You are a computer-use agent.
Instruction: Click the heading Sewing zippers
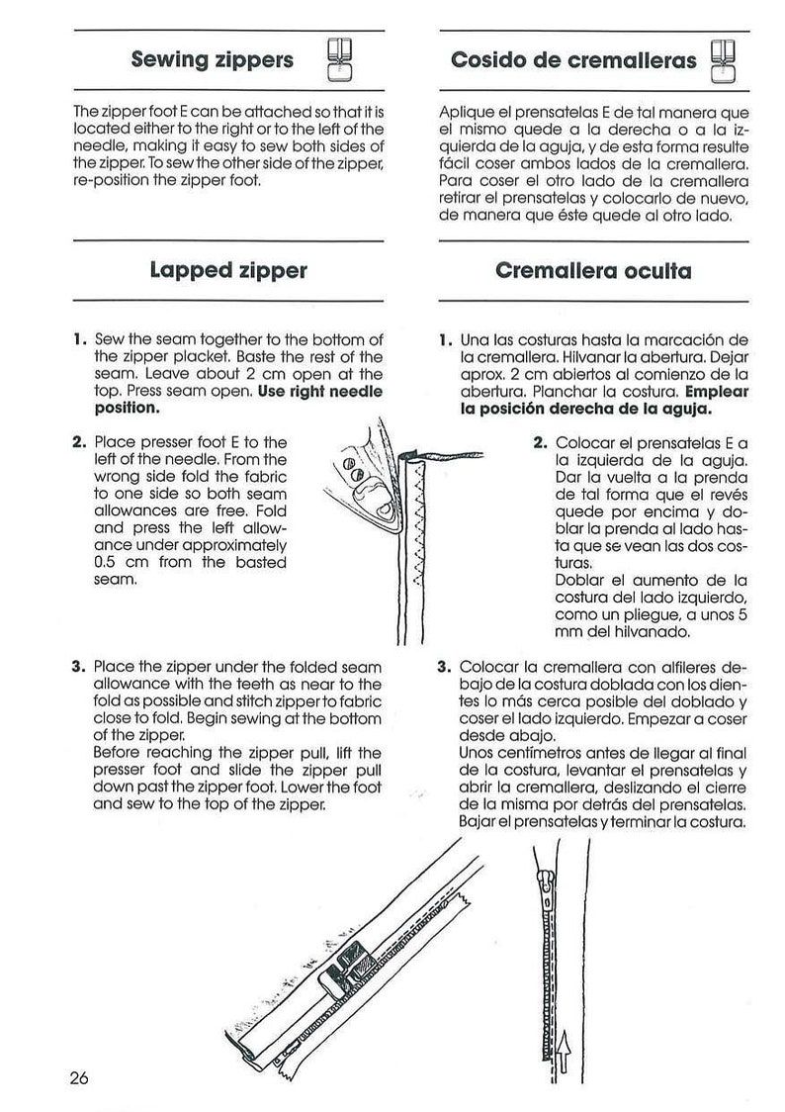pos(212,59)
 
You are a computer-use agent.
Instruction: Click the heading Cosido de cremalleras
pos(573,59)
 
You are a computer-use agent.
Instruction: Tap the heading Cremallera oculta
pos(592,269)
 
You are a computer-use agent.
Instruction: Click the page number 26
pos(79,1077)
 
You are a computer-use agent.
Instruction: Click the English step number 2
pos(79,442)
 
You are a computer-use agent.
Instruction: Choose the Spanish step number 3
pos(444,667)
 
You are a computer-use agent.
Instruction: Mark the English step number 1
pos(79,341)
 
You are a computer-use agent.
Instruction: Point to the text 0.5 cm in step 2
pos(119,562)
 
